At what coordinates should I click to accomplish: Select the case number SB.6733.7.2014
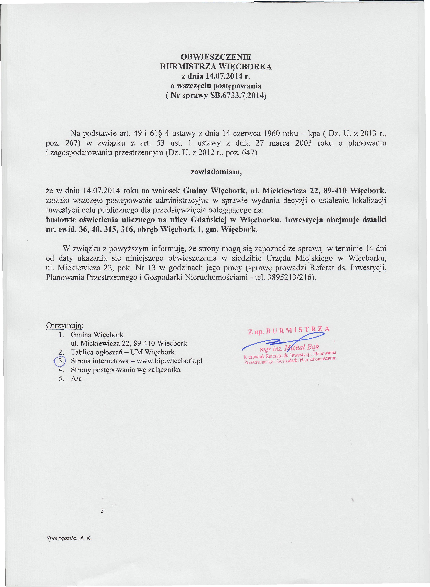pyautogui.click(x=238, y=95)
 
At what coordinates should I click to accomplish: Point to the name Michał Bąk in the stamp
pyautogui.click(x=302, y=347)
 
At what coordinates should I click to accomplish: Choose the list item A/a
pyautogui.click(x=76, y=379)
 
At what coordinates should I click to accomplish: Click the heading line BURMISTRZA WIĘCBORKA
pyautogui.click(x=216, y=67)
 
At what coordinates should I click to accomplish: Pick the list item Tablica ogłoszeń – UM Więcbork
pyautogui.click(x=123, y=352)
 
